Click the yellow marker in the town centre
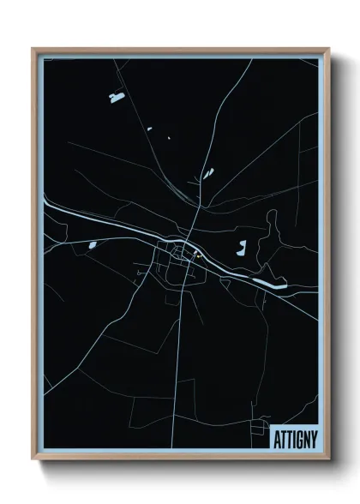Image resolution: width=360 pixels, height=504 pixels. pyautogui.click(x=197, y=255)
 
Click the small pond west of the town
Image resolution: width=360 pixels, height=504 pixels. pyautogui.click(x=92, y=246)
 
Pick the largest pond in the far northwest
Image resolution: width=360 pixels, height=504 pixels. pyautogui.click(x=116, y=98)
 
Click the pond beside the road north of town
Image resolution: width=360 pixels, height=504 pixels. pyautogui.click(x=206, y=172)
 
